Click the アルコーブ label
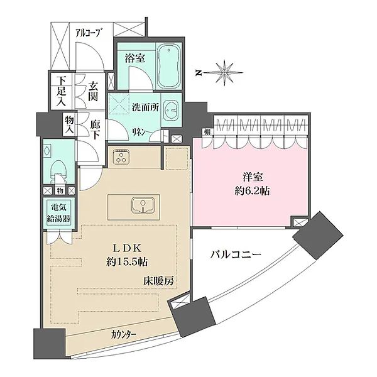(87, 33)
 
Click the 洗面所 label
(145, 107)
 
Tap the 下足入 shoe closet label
(62, 92)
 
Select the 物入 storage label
(69, 124)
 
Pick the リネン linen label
(139, 131)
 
